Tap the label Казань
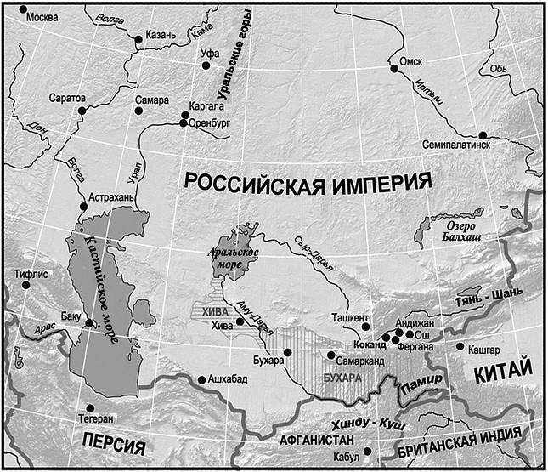[161, 34]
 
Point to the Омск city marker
[394, 69]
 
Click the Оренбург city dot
[184, 123]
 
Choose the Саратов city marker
[82, 111]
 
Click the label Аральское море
[222, 259]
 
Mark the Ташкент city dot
[366, 326]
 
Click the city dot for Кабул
[367, 452]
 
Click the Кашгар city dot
[460, 347]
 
